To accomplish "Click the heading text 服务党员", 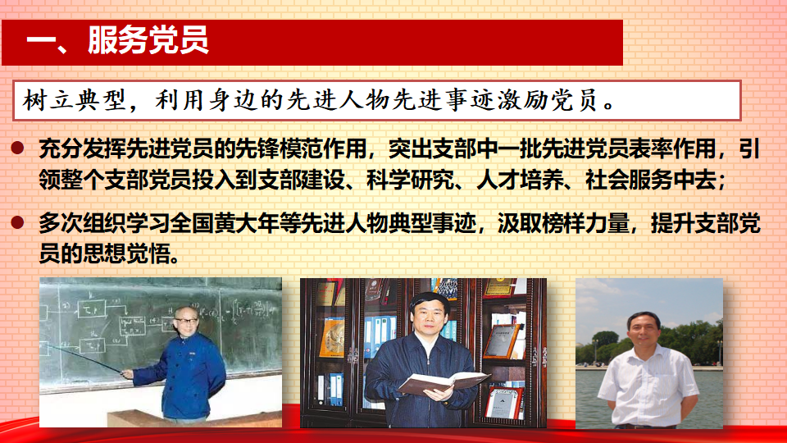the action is click(x=148, y=39).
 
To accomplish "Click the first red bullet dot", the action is click(x=17, y=148).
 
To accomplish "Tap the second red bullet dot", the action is click(x=17, y=222).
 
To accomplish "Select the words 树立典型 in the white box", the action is click(x=75, y=100).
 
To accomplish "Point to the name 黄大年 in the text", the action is click(x=247, y=223).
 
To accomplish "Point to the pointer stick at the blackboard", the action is click(x=84, y=359).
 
